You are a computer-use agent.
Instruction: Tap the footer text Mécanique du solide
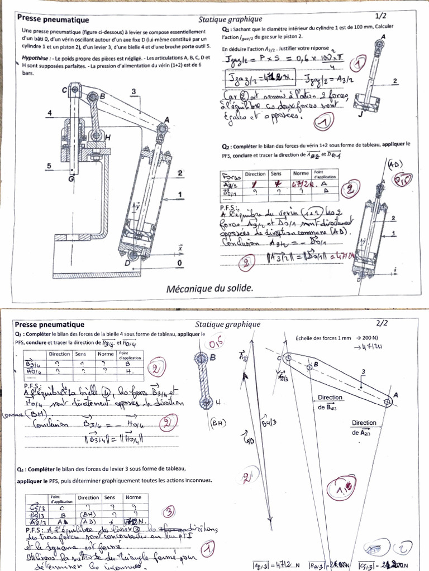click(x=209, y=288)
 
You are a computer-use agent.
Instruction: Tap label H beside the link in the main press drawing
click(x=107, y=137)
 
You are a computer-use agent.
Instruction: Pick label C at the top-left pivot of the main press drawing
click(x=64, y=89)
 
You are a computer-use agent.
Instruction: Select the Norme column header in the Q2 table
click(x=301, y=175)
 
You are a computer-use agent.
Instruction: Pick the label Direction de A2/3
click(x=364, y=428)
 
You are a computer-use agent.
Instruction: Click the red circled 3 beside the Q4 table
click(x=168, y=510)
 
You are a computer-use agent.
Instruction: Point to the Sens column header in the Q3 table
click(x=81, y=354)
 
